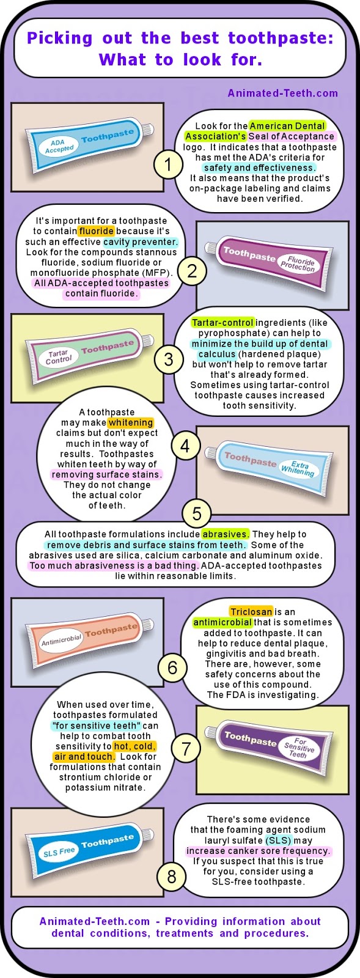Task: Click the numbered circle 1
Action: click(x=168, y=165)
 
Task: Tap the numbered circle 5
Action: click(x=197, y=513)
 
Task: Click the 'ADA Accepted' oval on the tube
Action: click(x=57, y=146)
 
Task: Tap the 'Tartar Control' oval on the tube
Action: click(x=59, y=357)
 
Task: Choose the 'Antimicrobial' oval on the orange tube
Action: click(x=61, y=640)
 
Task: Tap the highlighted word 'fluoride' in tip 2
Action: click(x=97, y=231)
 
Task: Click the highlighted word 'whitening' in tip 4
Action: click(x=131, y=422)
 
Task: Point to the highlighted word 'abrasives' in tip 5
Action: click(x=225, y=534)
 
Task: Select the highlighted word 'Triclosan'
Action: click(x=251, y=612)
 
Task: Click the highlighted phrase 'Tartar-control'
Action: click(x=222, y=323)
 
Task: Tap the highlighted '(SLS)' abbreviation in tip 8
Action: click(x=278, y=840)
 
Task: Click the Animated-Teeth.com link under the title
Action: click(x=283, y=93)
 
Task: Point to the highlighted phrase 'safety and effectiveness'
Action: click(x=260, y=167)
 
